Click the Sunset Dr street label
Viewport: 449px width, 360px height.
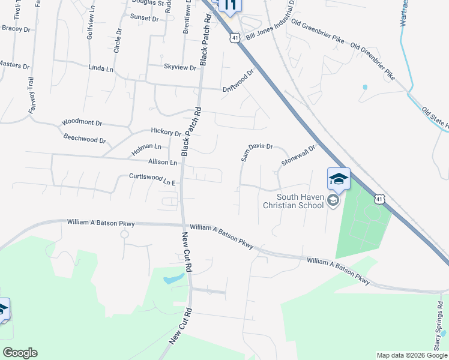pos(145,19)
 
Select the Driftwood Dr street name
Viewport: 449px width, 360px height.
pos(239,79)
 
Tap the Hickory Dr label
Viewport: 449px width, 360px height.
pos(166,132)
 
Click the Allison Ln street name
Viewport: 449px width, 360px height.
pos(163,162)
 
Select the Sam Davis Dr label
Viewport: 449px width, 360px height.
pos(257,152)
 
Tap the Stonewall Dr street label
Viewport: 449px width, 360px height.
pos(299,156)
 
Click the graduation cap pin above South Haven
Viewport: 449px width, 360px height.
pos(338,179)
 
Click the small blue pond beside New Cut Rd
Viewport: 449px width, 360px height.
pos(174,279)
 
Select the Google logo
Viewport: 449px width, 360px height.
pos(20,353)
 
